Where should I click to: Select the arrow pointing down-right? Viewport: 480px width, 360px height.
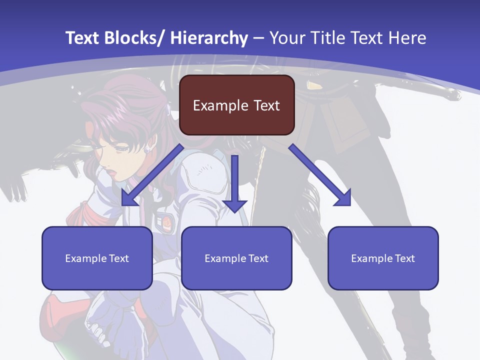coord(320,175)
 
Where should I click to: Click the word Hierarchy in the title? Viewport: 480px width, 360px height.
coord(209,38)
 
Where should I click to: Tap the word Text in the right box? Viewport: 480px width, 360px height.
coord(404,258)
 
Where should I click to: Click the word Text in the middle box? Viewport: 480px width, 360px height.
coord(258,258)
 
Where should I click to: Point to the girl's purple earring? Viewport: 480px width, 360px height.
coord(147,148)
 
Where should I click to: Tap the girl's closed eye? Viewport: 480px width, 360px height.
coord(121,148)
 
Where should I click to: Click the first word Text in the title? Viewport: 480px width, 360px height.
coord(82,38)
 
